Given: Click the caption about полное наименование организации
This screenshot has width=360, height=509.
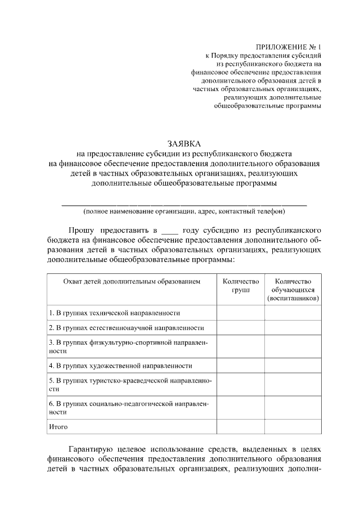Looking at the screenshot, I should tap(184, 212).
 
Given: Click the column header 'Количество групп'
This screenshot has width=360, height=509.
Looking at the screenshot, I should tap(240, 285).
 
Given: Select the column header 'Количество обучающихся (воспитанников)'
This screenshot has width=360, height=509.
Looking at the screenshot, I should tap(293, 289).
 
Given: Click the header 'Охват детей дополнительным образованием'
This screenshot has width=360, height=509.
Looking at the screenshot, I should tap(132, 281).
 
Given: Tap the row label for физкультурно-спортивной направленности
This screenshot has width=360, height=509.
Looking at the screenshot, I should tap(128, 346).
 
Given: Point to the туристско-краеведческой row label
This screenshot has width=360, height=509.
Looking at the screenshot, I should tap(130, 384).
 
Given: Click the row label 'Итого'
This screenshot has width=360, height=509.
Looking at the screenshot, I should tap(58, 427).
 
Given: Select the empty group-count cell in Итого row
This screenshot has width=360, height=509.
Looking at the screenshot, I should tap(240, 427).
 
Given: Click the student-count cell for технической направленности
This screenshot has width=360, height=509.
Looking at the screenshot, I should tap(293, 312).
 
